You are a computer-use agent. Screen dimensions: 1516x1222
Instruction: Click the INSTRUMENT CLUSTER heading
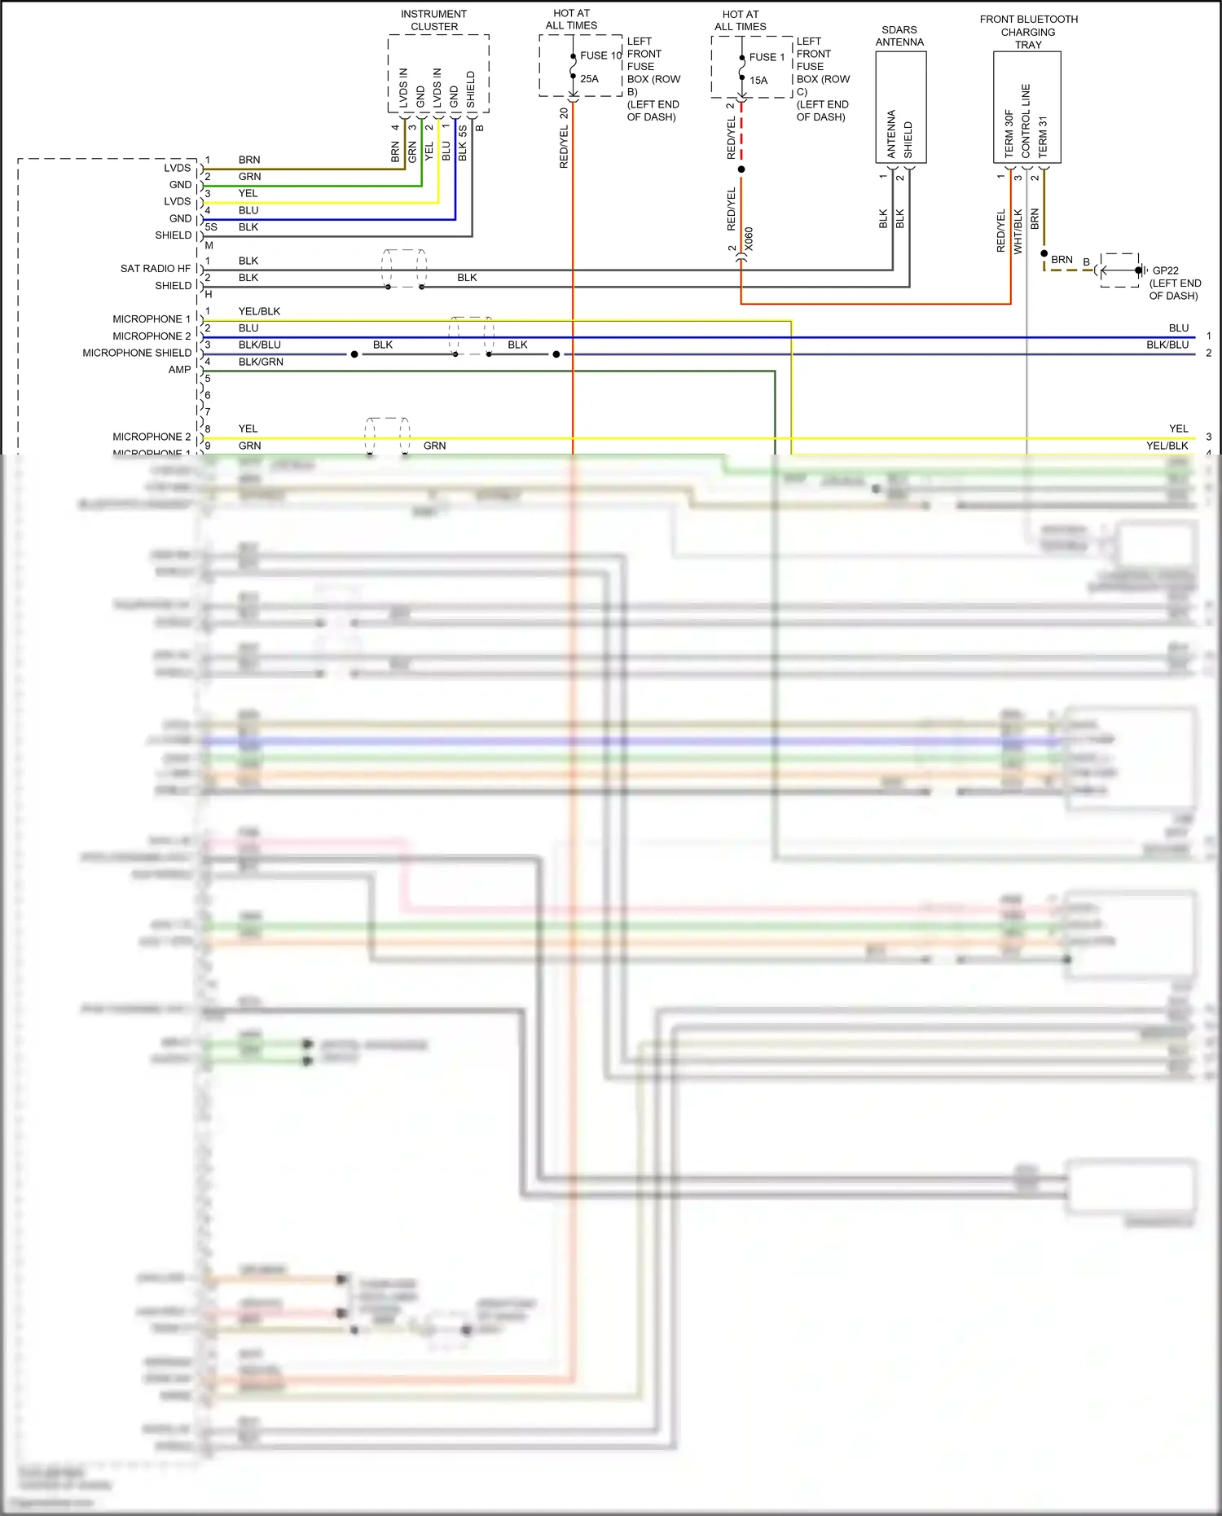point(433,20)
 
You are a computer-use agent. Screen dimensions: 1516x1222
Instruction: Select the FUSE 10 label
point(600,55)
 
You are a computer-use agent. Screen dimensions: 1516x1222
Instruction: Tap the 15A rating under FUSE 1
point(758,81)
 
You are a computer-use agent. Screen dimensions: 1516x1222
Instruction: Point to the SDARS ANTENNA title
point(899,36)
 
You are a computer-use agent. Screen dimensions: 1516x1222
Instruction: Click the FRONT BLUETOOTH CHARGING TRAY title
point(1028,32)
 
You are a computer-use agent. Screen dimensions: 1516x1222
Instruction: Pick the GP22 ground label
point(1165,270)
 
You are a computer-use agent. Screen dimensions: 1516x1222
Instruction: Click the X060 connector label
point(749,239)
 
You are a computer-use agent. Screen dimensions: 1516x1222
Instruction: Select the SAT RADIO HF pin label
point(155,269)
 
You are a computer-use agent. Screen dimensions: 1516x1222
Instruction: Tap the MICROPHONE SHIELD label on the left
point(137,353)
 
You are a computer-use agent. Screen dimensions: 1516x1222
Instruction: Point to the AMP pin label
point(179,370)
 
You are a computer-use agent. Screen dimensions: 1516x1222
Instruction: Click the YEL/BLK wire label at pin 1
point(259,311)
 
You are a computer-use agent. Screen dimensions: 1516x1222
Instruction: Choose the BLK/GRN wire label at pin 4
point(261,362)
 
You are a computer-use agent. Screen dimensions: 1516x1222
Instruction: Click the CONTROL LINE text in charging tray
point(1026,121)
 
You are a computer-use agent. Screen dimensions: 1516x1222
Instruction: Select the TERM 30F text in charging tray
point(1009,134)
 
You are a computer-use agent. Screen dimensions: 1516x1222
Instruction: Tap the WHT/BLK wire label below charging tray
point(1018,231)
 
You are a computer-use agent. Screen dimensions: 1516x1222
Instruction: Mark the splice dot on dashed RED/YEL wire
point(741,169)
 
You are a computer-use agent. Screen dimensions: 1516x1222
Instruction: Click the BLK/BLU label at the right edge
point(1167,345)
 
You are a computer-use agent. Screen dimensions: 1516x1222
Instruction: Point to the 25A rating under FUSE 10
point(589,79)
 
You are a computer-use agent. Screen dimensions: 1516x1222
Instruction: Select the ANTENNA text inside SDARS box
point(891,134)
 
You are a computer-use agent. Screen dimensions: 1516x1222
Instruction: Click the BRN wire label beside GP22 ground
point(1062,260)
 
